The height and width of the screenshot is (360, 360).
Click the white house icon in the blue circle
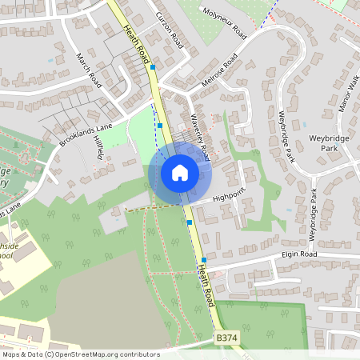[x=179, y=173]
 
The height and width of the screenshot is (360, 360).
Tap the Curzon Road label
[x=170, y=30]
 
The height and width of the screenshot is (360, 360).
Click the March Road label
[x=89, y=70]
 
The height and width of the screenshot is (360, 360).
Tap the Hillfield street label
[x=99, y=147]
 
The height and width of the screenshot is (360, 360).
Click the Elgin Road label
[x=299, y=254]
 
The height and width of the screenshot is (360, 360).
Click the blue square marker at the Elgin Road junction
[x=204, y=260]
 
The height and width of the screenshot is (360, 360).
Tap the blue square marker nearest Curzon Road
[x=152, y=68]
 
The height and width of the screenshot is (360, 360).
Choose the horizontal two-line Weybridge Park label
[x=324, y=143]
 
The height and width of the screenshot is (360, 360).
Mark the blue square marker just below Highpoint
[x=190, y=222]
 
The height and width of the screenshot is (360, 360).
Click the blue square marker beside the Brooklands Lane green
[x=160, y=125]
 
